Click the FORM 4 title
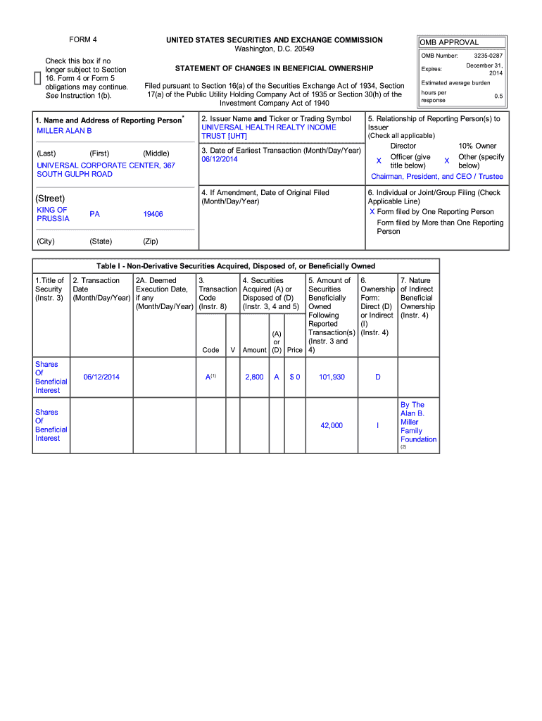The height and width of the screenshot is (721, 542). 83,40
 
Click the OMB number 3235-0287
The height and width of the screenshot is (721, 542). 488,56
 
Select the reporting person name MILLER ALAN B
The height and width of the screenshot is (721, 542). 64,131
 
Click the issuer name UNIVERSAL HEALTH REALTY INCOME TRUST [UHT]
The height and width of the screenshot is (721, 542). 269,132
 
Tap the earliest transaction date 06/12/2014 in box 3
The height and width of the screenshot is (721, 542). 220,160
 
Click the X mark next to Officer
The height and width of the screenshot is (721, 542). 379,161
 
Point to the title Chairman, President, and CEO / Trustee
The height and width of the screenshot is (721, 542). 437,177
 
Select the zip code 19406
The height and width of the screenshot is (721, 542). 153,214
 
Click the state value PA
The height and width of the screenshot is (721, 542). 94,214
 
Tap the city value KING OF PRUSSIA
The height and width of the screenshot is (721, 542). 53,214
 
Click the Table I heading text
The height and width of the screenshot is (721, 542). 236,266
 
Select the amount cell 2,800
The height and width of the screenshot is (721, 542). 254,377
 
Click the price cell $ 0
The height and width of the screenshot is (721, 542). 295,377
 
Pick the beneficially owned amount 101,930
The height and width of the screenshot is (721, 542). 332,377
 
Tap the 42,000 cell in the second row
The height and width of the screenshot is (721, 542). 332,425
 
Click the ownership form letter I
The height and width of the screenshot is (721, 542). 377,425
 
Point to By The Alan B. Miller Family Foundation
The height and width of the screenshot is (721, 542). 418,422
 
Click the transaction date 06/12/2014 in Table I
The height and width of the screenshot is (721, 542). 101,377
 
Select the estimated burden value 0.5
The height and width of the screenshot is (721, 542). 498,96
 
